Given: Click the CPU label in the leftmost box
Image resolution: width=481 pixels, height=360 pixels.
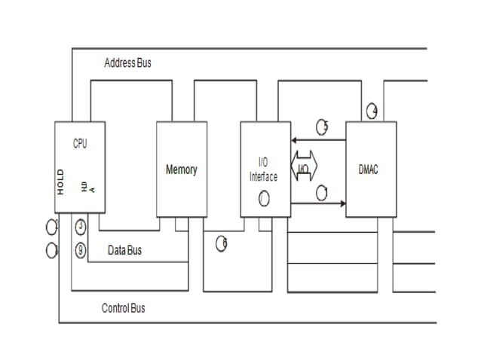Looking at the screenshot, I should tap(79, 144).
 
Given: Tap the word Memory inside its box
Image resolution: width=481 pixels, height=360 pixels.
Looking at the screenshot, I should tap(181, 169).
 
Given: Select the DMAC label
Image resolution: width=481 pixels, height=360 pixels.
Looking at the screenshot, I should tap(369, 169).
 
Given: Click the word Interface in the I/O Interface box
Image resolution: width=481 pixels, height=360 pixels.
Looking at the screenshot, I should tap(263, 177).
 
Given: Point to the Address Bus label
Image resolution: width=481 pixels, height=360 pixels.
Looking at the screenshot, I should tap(127, 63).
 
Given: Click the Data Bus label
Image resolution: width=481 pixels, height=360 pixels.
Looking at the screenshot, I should tap(124, 249).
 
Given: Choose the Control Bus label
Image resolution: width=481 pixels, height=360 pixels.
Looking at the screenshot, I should tap(123, 308).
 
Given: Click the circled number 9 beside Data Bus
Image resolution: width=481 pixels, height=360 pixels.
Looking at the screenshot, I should tap(81, 250).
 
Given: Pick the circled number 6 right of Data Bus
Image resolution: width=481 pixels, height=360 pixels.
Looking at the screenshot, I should tap(222, 243).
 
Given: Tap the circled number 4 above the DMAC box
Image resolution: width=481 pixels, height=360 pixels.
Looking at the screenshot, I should tap(372, 111).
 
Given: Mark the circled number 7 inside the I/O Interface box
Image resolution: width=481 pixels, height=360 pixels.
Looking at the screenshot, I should tap(263, 199).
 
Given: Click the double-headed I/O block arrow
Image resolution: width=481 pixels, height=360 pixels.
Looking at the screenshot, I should tap(304, 170).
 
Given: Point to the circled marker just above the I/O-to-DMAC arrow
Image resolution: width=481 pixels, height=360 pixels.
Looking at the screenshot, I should tap(322, 191).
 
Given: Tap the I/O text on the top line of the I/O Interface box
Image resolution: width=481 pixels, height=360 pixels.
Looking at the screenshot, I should tap(263, 162).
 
